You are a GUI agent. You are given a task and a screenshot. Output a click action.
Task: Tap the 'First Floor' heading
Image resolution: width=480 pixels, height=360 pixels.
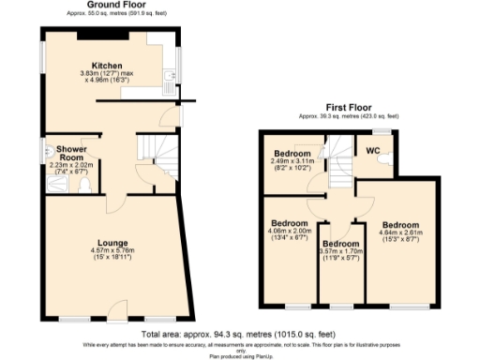coord(347,107)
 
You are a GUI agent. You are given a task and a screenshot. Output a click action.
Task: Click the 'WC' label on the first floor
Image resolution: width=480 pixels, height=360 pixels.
coord(372,150)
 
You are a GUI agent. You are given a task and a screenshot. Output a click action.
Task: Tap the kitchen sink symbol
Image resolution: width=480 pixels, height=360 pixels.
coord(169,73)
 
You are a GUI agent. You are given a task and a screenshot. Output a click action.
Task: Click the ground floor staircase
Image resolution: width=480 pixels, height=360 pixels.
coord(153,155)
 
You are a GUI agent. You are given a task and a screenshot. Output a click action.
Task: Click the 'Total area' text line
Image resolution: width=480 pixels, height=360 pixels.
coord(240,333)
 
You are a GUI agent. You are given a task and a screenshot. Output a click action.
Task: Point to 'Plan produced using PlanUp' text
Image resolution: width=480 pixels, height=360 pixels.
coord(240,355)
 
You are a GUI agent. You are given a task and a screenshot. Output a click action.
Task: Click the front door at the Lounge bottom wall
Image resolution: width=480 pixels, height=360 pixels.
coord(116,310)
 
